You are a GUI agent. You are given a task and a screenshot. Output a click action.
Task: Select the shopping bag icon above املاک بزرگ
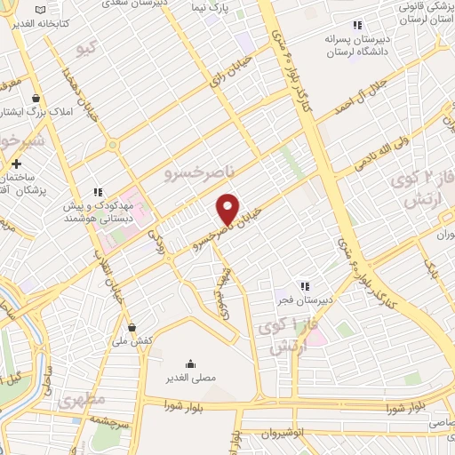(x=36, y=98)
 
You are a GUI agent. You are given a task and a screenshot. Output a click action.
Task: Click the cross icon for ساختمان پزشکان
(x=16, y=164)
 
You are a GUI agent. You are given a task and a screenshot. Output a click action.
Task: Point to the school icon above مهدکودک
(x=99, y=191)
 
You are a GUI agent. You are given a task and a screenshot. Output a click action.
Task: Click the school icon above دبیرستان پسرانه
(x=358, y=26)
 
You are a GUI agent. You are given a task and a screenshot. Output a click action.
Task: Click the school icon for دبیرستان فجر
(x=305, y=286)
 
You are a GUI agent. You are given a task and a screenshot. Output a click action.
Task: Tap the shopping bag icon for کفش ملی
(x=132, y=326)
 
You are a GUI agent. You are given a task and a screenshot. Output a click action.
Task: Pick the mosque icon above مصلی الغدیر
(x=190, y=363)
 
